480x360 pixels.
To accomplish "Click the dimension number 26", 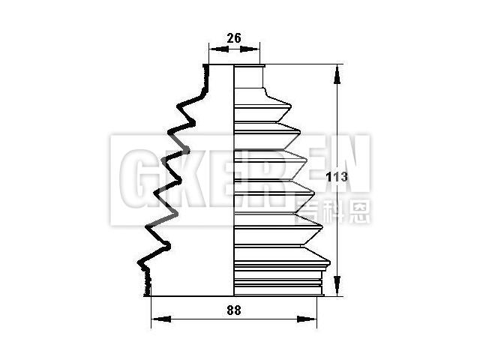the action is [x=234, y=38].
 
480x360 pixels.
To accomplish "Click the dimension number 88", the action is [x=234, y=310].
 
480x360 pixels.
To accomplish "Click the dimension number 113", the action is [x=337, y=177].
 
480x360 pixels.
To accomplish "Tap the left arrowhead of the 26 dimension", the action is [x=220, y=49].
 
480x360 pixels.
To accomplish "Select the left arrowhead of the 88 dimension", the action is [x=162, y=319].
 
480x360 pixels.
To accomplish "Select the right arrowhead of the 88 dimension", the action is [x=306, y=319].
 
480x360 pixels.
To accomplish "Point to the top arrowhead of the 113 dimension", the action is [x=337, y=74].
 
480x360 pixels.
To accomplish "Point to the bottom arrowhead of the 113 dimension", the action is [x=337, y=285].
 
